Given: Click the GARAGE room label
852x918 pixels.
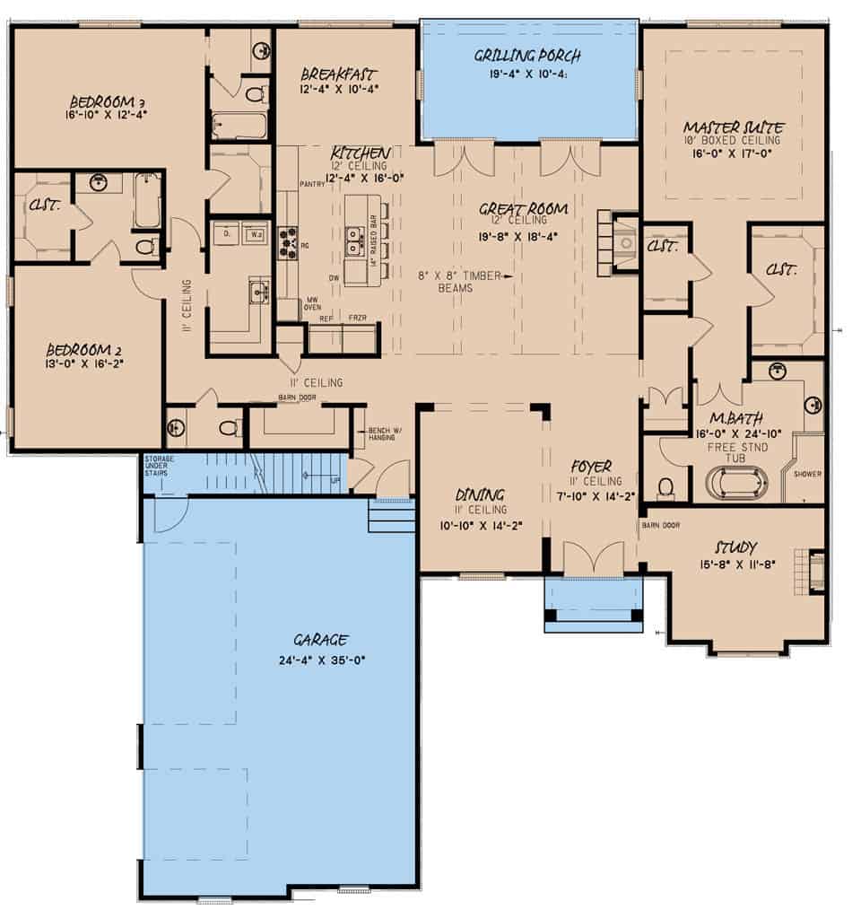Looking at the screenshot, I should click(320, 640).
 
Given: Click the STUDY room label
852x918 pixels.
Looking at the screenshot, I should click(735, 546).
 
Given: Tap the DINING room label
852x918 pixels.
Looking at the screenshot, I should click(479, 494).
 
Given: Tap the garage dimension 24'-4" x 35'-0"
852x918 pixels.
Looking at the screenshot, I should click(320, 660).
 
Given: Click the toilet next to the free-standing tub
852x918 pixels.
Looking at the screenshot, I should click(666, 487).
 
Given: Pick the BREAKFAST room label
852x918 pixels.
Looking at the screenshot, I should click(338, 74).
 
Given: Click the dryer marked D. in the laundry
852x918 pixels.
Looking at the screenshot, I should click(226, 233).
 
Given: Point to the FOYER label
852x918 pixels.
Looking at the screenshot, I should click(591, 467).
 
